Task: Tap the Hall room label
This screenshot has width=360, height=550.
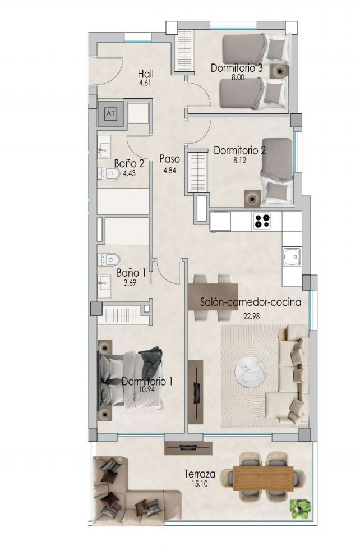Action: pyautogui.click(x=146, y=74)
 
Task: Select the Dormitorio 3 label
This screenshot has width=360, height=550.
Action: pyautogui.click(x=237, y=68)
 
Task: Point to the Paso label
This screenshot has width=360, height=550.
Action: pyautogui.click(x=169, y=159)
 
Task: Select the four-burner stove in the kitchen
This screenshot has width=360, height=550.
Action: pyautogui.click(x=262, y=221)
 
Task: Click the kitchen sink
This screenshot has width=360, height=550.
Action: pyautogui.click(x=292, y=257)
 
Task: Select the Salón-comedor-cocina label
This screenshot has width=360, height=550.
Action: pyautogui.click(x=251, y=302)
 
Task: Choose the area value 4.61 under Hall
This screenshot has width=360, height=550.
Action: pyautogui.click(x=146, y=83)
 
